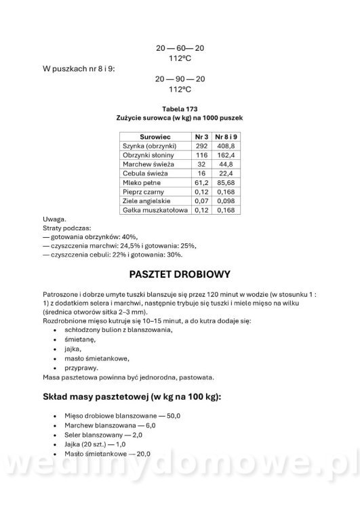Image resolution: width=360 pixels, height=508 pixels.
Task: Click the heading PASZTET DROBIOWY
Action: [180, 275]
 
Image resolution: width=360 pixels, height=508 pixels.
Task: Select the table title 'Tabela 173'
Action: [180, 108]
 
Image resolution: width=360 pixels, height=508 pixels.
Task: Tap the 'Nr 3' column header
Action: [200, 135]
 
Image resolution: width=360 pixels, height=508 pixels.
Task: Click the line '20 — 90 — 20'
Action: [180, 79]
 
